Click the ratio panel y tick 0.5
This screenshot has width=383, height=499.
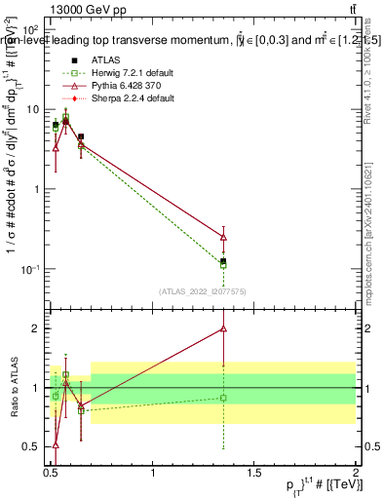[x=35, y=446]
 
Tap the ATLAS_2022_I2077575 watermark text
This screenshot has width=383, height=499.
[x=203, y=291]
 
